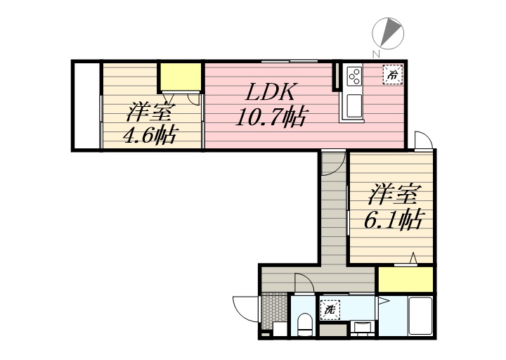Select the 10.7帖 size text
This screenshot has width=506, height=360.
coord(271,117)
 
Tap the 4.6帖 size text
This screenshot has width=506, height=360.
coord(149,134)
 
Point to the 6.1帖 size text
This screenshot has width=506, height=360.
coord(392,220)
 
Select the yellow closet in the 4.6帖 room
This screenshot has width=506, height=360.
coord(180,75)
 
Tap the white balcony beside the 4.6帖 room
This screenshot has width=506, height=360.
coord(86,105)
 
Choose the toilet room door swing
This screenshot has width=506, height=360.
coord(304,283)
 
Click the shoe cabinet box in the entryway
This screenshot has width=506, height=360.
coord(279,329)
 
